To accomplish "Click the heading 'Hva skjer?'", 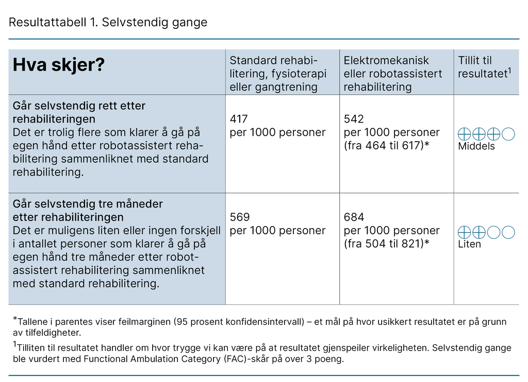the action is tap(59, 65).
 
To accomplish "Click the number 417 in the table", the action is tap(239, 119).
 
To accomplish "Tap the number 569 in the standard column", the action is tap(240, 217).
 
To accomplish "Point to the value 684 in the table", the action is tap(354, 217).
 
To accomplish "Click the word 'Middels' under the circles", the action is tap(476, 146).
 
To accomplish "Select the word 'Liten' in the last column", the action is tap(469, 244).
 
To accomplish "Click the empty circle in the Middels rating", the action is tap(508, 134).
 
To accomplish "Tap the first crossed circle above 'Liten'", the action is tap(464, 232).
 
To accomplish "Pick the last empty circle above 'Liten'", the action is tap(508, 232).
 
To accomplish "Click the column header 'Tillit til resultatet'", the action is tap(483, 67).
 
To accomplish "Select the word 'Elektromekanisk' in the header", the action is tap(386, 60).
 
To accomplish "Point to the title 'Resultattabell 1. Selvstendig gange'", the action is tap(108, 22).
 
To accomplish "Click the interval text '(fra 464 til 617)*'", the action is tap(387, 146).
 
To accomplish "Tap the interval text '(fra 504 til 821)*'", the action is tap(387, 244).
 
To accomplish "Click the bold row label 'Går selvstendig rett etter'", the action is tap(79, 106).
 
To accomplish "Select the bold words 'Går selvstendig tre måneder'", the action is tap(88, 203).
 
